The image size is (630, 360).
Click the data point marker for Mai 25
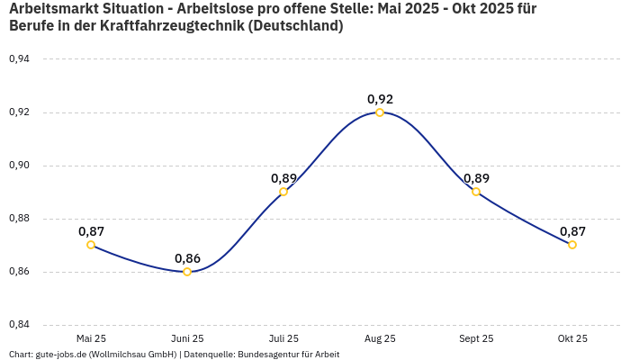pyautogui.click(x=91, y=245)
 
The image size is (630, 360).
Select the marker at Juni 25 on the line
pyautogui.click(x=187, y=272)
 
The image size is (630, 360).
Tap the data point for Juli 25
pyautogui.click(x=283, y=192)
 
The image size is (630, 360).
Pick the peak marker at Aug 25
pyautogui.click(x=380, y=112)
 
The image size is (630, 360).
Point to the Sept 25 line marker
pyautogui.click(x=476, y=192)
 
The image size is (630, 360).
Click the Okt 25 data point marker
pyautogui.click(x=572, y=245)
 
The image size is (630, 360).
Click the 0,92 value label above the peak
pyautogui.click(x=380, y=99)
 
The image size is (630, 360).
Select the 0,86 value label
pyautogui.click(x=187, y=258)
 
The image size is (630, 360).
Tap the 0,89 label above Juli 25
pyautogui.click(x=283, y=178)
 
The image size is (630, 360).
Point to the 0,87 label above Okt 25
pyautogui.click(x=572, y=231)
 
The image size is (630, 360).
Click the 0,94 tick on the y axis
pyautogui.click(x=19, y=59)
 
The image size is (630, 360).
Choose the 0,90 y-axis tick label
pyautogui.click(x=19, y=166)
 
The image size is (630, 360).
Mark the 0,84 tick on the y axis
pyautogui.click(x=19, y=325)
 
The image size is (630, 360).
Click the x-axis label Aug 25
pyautogui.click(x=380, y=338)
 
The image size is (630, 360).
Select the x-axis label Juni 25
pyautogui.click(x=187, y=338)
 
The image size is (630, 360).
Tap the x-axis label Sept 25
pyautogui.click(x=476, y=338)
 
